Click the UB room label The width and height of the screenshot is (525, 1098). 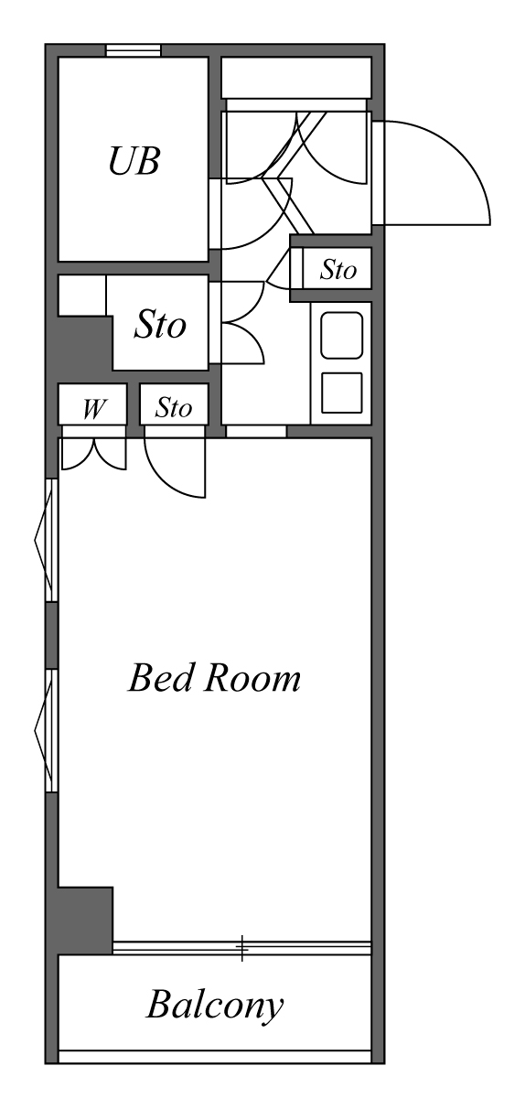click(134, 162)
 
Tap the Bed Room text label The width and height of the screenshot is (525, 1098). click(214, 679)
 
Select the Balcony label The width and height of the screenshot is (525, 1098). click(214, 1006)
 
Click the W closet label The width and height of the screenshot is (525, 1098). click(91, 409)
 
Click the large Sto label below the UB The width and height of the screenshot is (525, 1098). click(160, 325)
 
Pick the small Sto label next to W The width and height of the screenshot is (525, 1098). click(173, 408)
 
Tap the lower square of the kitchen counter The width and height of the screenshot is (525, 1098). click(341, 393)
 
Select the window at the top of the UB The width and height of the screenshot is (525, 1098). click(134, 50)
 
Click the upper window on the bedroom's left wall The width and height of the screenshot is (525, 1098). click(51, 540)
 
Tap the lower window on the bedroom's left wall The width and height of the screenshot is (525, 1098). click(51, 730)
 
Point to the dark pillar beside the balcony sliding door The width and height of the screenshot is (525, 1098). click(84, 920)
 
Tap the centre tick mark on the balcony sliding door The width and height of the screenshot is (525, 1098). click(242, 948)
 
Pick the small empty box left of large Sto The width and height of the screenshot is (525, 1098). click(81, 295)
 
